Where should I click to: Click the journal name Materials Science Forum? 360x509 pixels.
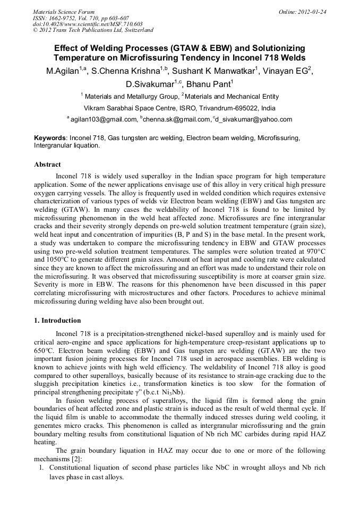[x=64, y=12]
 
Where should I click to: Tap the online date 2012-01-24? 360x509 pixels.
[x=310, y=12]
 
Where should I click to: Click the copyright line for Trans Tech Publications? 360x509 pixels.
[x=93, y=30]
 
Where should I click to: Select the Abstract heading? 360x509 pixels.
[x=47, y=165]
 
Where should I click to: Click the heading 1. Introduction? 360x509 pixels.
[x=57, y=321]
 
